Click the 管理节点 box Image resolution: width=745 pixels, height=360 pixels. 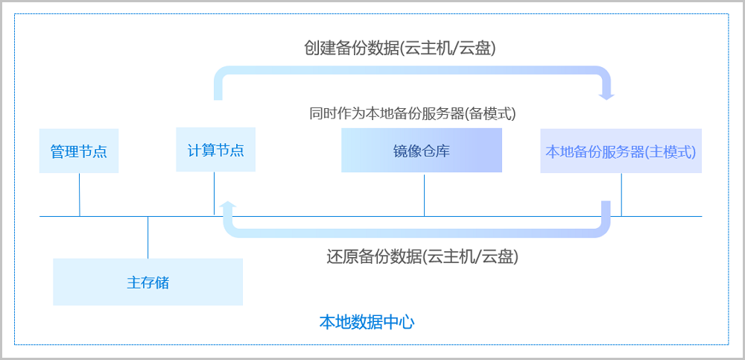click(78, 151)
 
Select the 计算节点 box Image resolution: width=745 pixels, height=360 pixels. click(215, 150)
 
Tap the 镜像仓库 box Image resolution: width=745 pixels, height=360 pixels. click(422, 151)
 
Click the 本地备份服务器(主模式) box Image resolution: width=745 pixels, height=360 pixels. click(621, 151)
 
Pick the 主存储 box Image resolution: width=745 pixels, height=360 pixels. click(148, 282)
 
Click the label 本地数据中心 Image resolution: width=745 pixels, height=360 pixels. click(367, 323)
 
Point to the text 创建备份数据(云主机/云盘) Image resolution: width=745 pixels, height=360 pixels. click(400, 48)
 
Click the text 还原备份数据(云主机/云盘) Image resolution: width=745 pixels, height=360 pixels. click(422, 257)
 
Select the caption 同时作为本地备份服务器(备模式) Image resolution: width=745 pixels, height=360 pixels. click(413, 113)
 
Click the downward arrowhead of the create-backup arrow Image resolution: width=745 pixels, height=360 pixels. click(607, 95)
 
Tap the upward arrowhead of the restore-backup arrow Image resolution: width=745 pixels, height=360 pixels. click(229, 205)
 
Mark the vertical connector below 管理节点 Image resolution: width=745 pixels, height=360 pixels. click(80, 195)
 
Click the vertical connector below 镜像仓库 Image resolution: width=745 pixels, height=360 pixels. click(425, 195)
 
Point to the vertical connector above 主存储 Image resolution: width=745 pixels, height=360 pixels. click(148, 237)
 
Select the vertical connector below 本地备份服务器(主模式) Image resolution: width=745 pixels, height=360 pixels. click(621, 195)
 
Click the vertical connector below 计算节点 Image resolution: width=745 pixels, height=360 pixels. click(214, 193)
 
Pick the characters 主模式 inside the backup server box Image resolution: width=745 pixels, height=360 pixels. click(670, 151)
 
